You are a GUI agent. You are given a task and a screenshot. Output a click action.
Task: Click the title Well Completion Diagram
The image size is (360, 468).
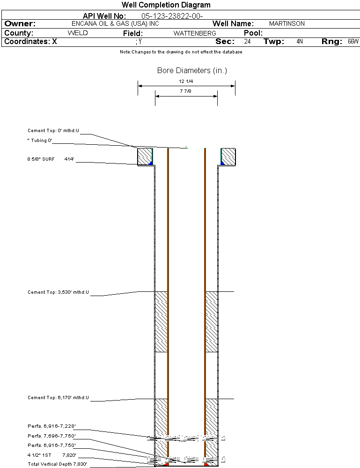click(166, 5)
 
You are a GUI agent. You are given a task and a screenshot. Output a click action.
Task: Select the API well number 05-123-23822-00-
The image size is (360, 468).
click(172, 16)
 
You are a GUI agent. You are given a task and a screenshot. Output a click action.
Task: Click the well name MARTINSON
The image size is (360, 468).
click(287, 23)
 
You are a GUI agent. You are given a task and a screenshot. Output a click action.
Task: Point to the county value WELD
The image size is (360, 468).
click(78, 33)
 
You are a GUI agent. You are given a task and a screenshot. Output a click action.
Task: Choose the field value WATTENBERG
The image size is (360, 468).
click(195, 34)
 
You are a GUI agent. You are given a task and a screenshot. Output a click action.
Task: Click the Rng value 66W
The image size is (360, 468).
click(353, 42)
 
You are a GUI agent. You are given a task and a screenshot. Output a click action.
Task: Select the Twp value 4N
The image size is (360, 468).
click(300, 42)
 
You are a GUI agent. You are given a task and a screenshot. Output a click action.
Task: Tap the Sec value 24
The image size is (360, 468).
click(247, 42)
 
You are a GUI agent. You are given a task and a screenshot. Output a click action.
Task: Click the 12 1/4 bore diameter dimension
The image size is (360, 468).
click(186, 81)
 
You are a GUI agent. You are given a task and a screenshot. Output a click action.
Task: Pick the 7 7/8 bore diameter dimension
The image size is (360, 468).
click(186, 91)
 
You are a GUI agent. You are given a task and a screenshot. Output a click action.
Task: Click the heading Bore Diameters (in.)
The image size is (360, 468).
click(192, 71)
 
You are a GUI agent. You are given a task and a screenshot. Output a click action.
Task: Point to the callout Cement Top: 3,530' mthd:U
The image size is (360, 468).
click(58, 292)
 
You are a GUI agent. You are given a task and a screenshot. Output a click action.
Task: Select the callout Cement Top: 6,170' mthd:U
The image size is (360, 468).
click(58, 398)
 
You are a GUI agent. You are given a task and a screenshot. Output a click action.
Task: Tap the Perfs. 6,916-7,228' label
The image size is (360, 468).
click(51, 426)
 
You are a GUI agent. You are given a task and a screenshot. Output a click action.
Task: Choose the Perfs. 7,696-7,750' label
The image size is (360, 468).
click(51, 436)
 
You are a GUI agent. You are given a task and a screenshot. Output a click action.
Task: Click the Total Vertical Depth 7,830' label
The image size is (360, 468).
click(57, 464)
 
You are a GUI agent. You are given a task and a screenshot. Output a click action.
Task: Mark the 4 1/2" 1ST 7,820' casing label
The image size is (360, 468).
click(51, 454)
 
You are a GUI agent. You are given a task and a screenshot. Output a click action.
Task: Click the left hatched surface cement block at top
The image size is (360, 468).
click(145, 156)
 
